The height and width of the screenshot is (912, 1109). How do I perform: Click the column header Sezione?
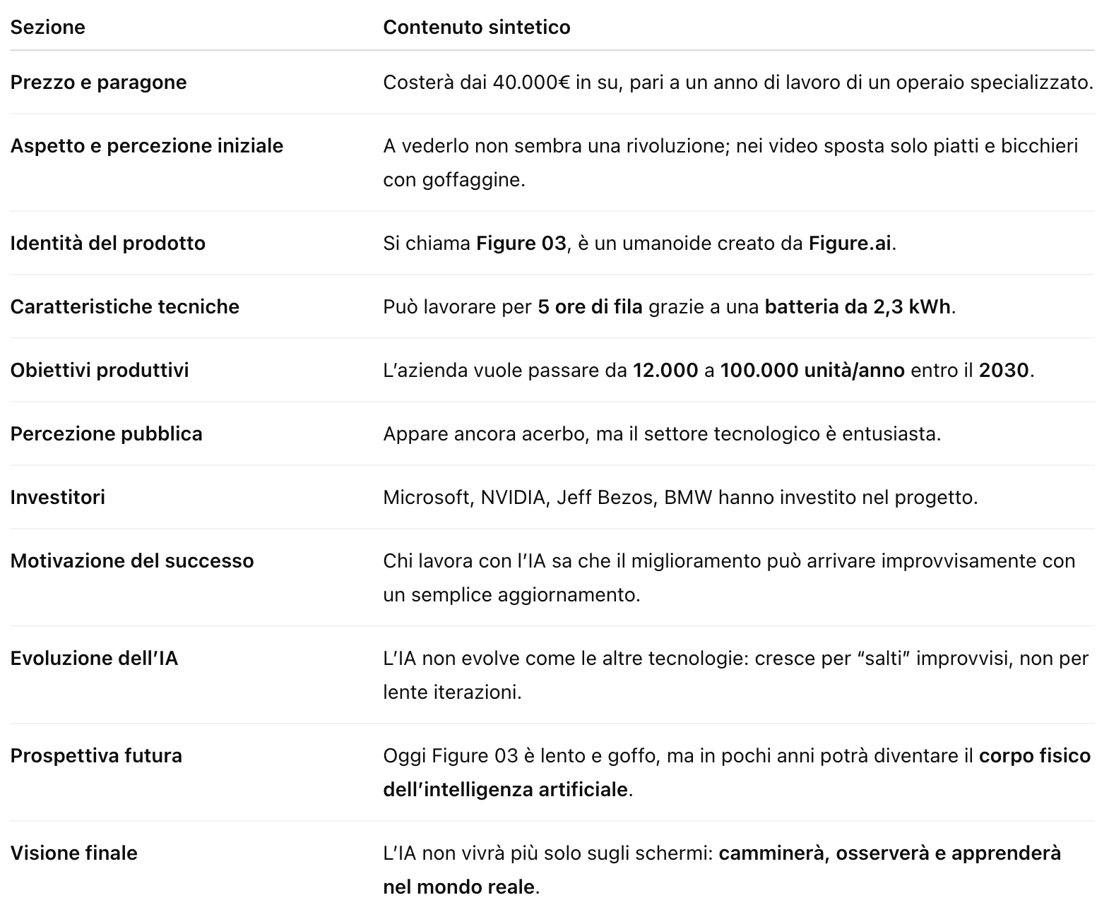[x=47, y=27]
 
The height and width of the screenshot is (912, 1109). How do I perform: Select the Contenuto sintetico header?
[x=476, y=27]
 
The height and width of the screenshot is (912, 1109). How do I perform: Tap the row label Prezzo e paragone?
[x=98, y=82]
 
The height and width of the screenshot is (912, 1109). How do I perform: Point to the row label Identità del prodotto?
[x=107, y=243]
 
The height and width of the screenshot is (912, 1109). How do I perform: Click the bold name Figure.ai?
[x=850, y=243]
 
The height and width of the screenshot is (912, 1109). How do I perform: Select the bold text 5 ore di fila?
[x=590, y=306]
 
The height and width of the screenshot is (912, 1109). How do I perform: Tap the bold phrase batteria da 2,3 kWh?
[x=858, y=306]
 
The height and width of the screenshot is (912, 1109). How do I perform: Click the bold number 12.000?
[x=665, y=370]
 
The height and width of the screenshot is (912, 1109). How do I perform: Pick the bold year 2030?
[x=1004, y=370]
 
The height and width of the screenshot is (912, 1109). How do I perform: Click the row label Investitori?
[x=57, y=497]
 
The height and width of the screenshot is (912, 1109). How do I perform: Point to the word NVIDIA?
[x=513, y=497]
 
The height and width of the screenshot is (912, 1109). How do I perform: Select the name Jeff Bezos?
[x=605, y=497]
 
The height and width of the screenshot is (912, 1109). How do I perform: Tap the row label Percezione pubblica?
[x=106, y=433]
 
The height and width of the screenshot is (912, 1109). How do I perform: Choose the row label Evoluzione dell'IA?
[x=94, y=658]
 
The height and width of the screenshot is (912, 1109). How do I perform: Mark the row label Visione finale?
[x=73, y=853]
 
